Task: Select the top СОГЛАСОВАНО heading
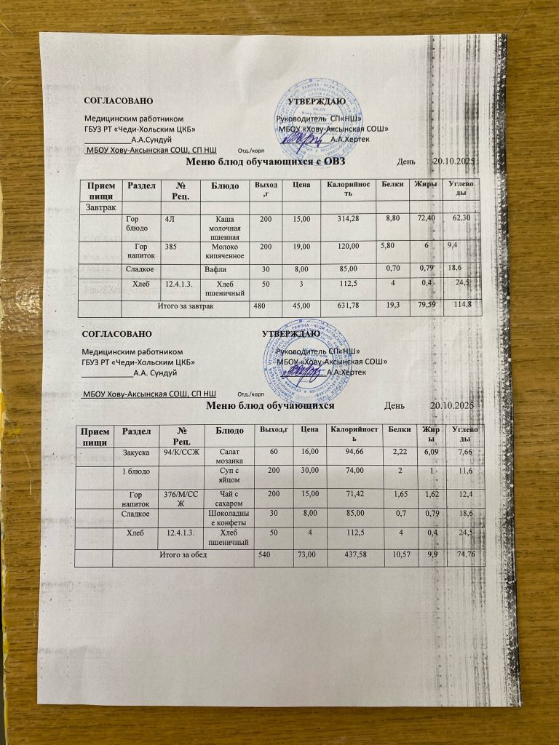point(118,100)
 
